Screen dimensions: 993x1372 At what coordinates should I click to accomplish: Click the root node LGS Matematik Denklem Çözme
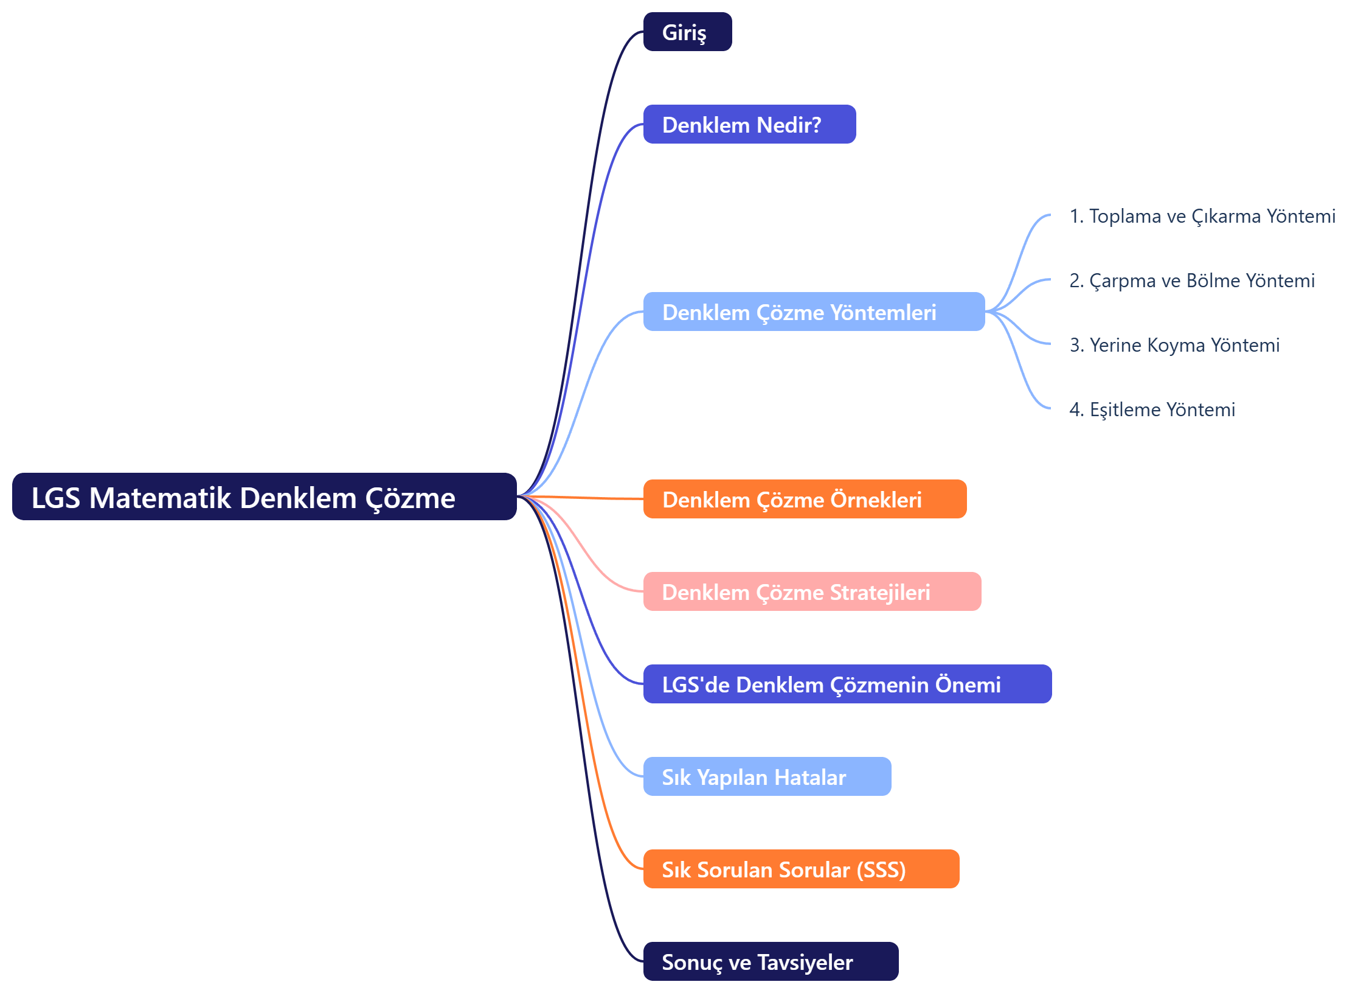coord(264,496)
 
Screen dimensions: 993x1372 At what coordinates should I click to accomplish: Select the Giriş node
coord(687,32)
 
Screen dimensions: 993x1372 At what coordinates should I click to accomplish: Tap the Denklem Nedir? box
coord(749,124)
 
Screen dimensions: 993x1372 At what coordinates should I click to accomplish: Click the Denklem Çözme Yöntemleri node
coord(814,312)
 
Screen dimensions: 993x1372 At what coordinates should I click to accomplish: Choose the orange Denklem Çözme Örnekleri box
coord(805,499)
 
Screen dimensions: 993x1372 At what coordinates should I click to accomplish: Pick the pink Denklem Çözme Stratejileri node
coord(812,591)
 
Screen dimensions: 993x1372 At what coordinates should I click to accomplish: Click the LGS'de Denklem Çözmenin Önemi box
coord(847,684)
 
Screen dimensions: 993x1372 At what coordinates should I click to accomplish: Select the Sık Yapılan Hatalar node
coord(767,776)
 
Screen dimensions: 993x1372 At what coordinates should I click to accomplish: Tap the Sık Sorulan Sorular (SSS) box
coord(801,869)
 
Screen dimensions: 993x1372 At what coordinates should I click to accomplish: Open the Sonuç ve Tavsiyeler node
coord(771,961)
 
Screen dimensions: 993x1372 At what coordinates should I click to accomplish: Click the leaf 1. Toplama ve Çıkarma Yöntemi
coord(1202,216)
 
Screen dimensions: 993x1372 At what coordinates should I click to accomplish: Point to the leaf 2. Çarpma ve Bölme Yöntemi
coord(1192,280)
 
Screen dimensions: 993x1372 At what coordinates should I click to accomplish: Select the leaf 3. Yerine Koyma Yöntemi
coord(1174,345)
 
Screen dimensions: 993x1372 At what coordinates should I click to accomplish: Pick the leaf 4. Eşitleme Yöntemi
coord(1152,409)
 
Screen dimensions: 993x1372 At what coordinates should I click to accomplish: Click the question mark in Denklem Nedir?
coord(816,125)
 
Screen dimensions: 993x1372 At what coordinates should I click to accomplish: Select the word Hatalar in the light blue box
coord(810,778)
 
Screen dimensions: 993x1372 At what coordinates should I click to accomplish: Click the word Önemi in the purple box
coord(968,685)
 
